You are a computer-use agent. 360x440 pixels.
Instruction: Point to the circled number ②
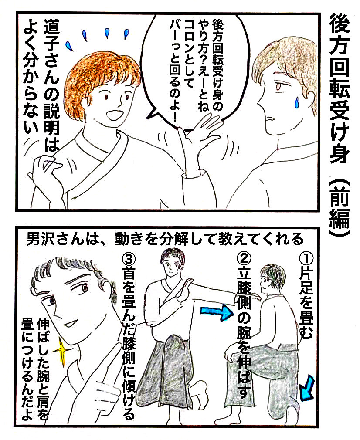(x=244, y=259)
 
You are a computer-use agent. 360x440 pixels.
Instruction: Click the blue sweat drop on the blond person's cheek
(x=296, y=102)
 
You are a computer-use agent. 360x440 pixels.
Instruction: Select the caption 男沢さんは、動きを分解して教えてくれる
(x=165, y=240)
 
